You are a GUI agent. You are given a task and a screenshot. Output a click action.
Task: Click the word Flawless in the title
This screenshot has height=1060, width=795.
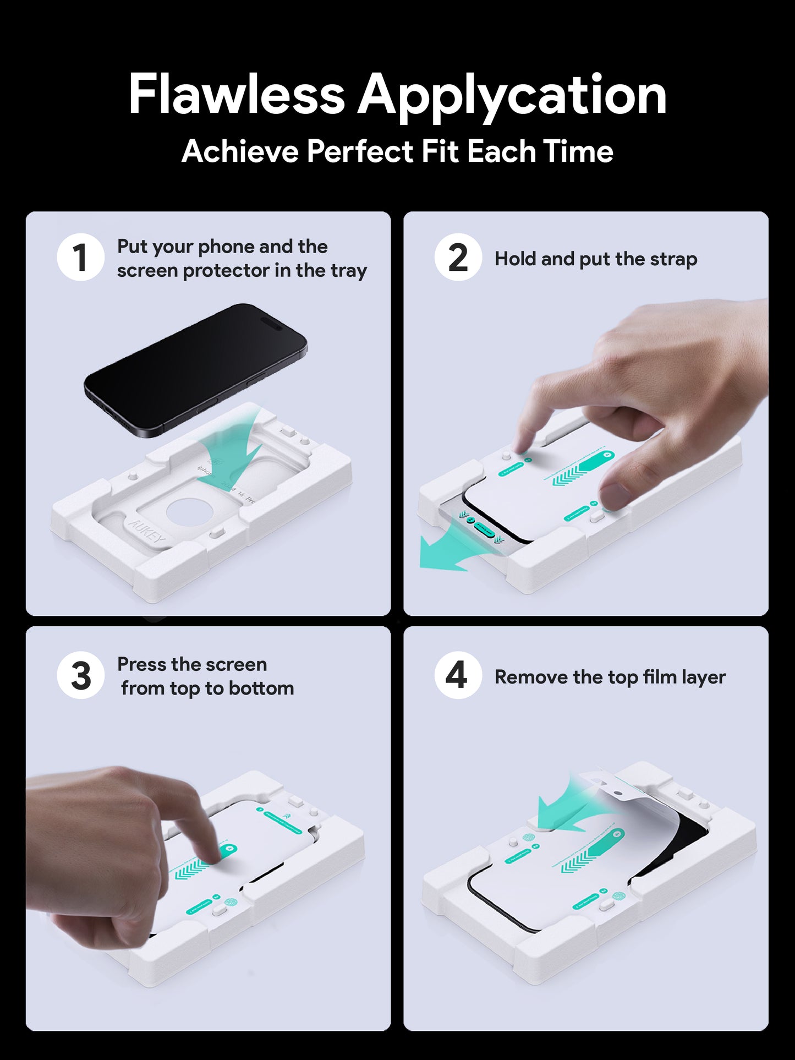click(x=236, y=95)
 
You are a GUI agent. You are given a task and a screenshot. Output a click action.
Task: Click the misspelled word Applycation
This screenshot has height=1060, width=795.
click(x=512, y=96)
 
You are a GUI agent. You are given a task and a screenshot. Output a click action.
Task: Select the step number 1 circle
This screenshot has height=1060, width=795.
click(x=80, y=258)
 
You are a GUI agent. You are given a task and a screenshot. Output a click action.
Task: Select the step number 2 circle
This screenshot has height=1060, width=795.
click(x=458, y=258)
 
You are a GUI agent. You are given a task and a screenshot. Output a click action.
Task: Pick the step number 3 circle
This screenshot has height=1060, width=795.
click(x=80, y=675)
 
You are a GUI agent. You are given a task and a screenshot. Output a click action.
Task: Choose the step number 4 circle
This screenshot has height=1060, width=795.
click(x=458, y=675)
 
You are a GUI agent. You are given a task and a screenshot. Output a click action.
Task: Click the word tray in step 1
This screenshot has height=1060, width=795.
click(x=348, y=271)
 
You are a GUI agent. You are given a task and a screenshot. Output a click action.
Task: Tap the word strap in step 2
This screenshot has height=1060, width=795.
click(x=673, y=259)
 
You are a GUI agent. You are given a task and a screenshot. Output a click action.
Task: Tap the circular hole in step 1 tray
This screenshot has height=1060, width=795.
click(x=189, y=513)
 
